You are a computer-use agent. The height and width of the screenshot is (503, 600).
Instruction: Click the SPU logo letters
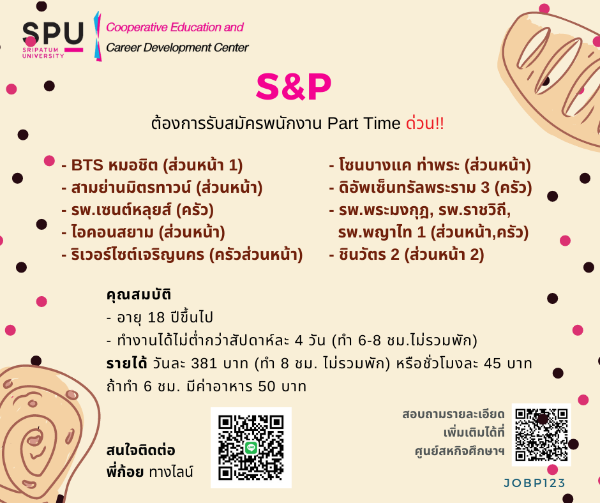[x=53, y=33]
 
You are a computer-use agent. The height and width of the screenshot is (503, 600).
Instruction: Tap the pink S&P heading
[x=294, y=87]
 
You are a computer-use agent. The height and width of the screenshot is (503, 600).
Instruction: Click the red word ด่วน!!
[x=424, y=123]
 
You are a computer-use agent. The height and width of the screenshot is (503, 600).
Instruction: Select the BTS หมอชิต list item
[x=153, y=165]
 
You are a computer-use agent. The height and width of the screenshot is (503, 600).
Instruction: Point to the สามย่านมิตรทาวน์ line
[x=162, y=188]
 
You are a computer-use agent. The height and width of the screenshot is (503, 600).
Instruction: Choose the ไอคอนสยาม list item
[x=143, y=232]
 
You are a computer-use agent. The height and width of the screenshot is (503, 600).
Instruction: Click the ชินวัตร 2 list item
[x=407, y=255]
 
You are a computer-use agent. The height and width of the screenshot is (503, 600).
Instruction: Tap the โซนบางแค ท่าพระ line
[x=430, y=165]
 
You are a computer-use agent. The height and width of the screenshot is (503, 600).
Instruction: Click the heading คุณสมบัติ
[x=139, y=294]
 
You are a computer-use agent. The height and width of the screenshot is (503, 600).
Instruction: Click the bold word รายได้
[x=126, y=363]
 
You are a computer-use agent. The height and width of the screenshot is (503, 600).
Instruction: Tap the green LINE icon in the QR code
[x=251, y=447]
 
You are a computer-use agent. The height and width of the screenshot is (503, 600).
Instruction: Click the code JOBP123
[x=534, y=483]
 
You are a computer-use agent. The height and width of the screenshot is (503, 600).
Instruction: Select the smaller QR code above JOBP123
[x=541, y=435]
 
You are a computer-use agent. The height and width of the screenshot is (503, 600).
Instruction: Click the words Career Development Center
[x=177, y=47]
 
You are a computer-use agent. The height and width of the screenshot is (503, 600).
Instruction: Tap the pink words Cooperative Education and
[x=175, y=27]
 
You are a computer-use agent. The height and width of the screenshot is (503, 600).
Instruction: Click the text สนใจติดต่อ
[x=141, y=450]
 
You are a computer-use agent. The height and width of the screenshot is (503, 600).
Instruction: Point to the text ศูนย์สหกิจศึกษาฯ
[x=460, y=451]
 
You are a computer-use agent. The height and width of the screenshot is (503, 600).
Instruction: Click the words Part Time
[x=364, y=123]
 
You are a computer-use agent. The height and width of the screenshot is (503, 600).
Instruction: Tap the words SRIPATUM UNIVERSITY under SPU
[x=43, y=53]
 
